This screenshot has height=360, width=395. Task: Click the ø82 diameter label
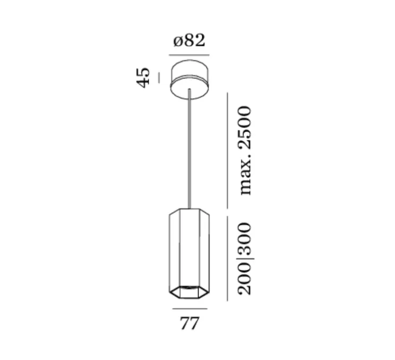[x=189, y=40]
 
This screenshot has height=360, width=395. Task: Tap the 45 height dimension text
[x=143, y=78]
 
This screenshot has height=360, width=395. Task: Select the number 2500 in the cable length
[x=245, y=128]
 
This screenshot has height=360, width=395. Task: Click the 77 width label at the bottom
[x=190, y=323]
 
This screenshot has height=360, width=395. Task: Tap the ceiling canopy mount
[x=190, y=79]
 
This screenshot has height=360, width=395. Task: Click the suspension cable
[x=190, y=149]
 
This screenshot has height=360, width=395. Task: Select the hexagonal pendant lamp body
[x=189, y=254]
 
